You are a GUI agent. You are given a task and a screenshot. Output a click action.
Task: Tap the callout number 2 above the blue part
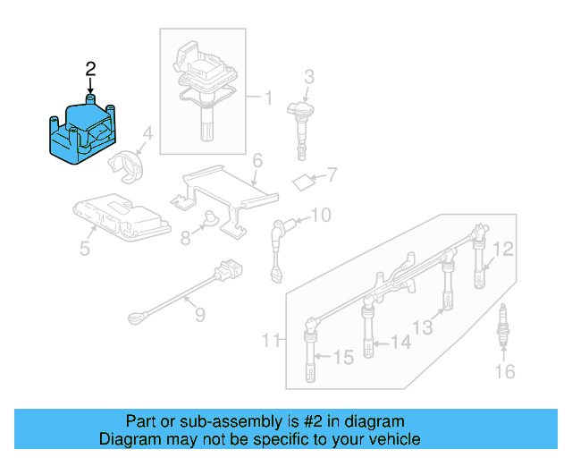pyautogui.click(x=89, y=68)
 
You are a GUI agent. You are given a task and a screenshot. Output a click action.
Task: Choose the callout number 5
pyautogui.click(x=85, y=248)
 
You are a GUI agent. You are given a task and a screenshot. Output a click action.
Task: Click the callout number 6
pyautogui.click(x=257, y=161)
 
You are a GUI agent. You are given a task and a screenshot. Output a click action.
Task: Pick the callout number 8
pyautogui.click(x=184, y=239)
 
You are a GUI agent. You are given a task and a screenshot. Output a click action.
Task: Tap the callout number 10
pyautogui.click(x=320, y=215)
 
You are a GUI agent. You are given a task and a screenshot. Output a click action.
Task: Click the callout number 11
pyautogui.click(x=271, y=340)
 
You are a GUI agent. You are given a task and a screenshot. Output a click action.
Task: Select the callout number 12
pyautogui.click(x=505, y=249)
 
